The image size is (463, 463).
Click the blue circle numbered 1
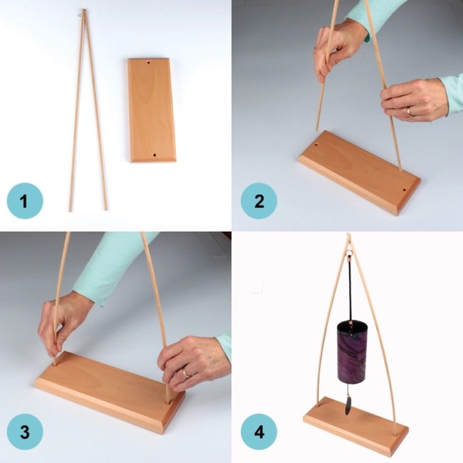click(x=25, y=201)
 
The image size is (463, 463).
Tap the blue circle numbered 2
click(x=259, y=201)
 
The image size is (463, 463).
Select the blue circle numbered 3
click(x=25, y=432)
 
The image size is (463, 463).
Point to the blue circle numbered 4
click(x=259, y=432)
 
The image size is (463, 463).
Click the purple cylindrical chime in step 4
click(x=351, y=352)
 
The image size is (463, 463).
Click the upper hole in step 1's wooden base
click(x=148, y=63)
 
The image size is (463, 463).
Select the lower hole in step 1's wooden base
click(x=154, y=154)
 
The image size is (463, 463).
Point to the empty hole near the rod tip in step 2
click(x=316, y=145)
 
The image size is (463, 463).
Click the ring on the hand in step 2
click(x=410, y=112)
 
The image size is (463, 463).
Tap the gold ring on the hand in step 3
click(x=187, y=372)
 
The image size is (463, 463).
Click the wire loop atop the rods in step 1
click(x=81, y=13)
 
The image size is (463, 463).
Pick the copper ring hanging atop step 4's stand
click(x=349, y=253)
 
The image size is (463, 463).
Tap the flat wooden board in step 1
click(x=152, y=110)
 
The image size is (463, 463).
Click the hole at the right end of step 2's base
click(x=405, y=190)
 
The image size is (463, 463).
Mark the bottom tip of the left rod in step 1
click(x=71, y=211)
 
